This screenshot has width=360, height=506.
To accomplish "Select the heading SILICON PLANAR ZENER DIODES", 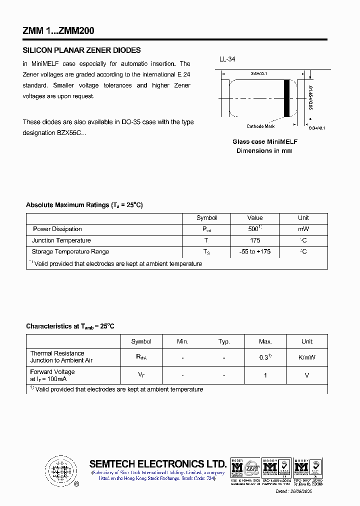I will [x=82, y=50].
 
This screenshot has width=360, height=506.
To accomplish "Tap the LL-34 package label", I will [x=227, y=59].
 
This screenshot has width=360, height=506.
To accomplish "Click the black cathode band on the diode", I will [x=287, y=97].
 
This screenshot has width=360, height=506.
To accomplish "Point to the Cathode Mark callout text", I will [x=260, y=126].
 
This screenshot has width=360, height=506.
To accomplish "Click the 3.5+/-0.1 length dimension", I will [x=259, y=74].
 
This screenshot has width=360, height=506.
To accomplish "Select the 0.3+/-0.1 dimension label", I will [x=317, y=128].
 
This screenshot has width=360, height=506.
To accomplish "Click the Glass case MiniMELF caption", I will [x=264, y=142].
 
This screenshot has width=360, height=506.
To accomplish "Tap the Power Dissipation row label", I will [x=57, y=229].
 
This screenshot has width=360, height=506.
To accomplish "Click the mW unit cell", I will [x=303, y=229].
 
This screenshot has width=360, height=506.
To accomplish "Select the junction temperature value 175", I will [x=254, y=240].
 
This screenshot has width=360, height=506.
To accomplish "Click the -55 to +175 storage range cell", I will [x=254, y=251].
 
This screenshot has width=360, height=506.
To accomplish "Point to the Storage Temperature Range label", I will [x=70, y=251].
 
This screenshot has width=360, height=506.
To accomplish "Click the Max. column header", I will [x=265, y=341].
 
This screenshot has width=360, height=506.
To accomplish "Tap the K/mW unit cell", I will [x=307, y=357].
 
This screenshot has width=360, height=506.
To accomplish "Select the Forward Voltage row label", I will [x=52, y=372].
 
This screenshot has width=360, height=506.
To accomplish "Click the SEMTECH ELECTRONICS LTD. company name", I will [x=157, y=463].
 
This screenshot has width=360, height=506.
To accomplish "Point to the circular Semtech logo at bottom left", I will [x=61, y=471].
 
